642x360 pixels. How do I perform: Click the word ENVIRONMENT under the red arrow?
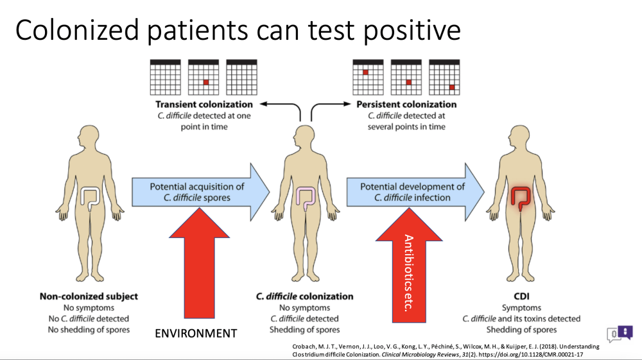tap(196, 334)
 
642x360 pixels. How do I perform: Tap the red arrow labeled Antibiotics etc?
tap(409, 265)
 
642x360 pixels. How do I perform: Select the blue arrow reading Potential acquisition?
tap(200, 192)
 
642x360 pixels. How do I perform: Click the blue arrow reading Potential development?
tap(415, 192)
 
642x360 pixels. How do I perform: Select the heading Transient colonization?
tap(204, 105)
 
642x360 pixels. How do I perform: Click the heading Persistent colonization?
tap(406, 105)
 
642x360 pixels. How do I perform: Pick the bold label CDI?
tap(521, 296)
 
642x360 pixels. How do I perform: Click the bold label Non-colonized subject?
tap(89, 296)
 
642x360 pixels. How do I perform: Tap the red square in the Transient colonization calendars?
tap(206, 82)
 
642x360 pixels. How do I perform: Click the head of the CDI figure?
tap(521, 137)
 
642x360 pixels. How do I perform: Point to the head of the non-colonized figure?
tap(89, 137)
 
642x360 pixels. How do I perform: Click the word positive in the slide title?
tap(412, 31)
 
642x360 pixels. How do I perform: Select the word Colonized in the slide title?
tap(77, 30)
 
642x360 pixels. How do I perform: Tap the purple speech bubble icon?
tap(625, 332)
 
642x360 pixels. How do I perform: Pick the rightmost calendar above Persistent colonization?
tap(444, 77)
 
